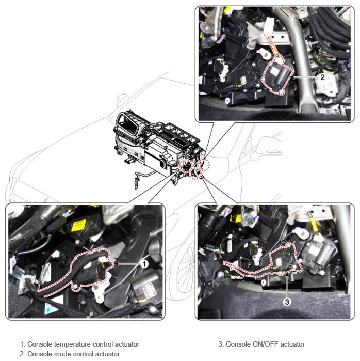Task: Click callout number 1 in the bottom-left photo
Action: pos(144,264)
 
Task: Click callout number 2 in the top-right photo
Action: pos(322,77)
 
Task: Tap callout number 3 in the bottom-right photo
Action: pos(287,302)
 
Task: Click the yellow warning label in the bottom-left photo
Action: pos(78,225)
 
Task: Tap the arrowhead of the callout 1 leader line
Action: pos(116,264)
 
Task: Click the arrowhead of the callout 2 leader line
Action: pos(294,77)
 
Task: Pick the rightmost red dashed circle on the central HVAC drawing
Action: pos(204,164)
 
